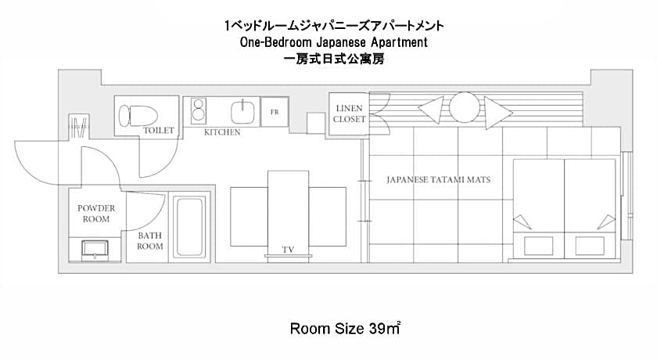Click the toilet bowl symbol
coord(138,116)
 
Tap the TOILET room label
coord(159,131)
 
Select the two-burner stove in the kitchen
coord(198,110)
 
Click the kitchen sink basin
coord(242,112)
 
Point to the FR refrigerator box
coord(275,112)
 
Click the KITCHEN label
coord(222,132)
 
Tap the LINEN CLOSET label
coord(349,113)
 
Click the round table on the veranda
coord(465,107)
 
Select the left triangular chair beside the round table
coord(431,110)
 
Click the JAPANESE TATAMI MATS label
coord(438,180)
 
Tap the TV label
coord(288,250)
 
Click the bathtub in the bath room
coord(189,227)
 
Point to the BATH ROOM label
coord(150,241)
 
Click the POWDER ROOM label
coord(96,214)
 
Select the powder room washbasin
coord(95,250)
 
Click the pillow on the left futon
coord(538,246)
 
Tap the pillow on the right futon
coord(590,246)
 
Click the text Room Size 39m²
coord(345,328)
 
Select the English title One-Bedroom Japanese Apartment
coord(334,42)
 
